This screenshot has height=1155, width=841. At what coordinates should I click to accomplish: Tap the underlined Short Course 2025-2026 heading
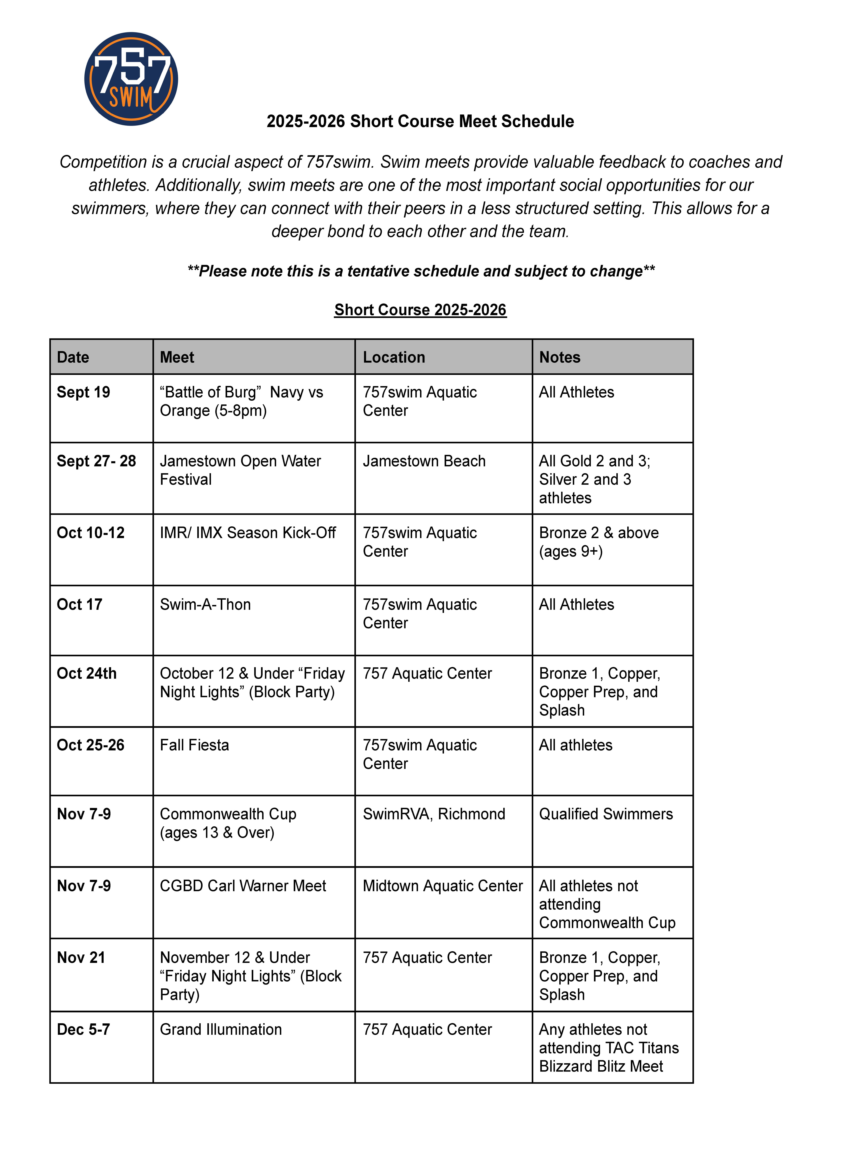point(420,310)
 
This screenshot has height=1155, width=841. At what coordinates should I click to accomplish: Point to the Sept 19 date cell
point(84,392)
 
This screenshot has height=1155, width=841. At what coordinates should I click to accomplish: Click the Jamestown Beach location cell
point(424,461)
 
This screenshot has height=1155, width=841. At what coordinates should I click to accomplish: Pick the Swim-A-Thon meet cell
point(205,604)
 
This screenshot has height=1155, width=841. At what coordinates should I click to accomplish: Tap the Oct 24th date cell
point(87,673)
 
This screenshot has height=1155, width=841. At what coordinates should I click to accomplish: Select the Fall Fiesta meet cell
point(195,745)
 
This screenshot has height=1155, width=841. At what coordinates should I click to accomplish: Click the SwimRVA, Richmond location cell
point(434,814)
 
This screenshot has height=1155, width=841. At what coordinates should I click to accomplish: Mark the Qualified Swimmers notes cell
point(606,814)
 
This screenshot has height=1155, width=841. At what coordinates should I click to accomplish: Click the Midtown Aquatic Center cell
point(443,886)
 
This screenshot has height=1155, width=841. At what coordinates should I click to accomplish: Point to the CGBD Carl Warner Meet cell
point(243,886)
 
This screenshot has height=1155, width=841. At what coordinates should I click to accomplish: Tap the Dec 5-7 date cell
point(84,1029)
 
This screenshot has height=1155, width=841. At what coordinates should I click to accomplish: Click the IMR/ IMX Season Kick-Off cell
point(248,533)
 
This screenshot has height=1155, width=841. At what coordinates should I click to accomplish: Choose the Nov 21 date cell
point(81,957)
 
